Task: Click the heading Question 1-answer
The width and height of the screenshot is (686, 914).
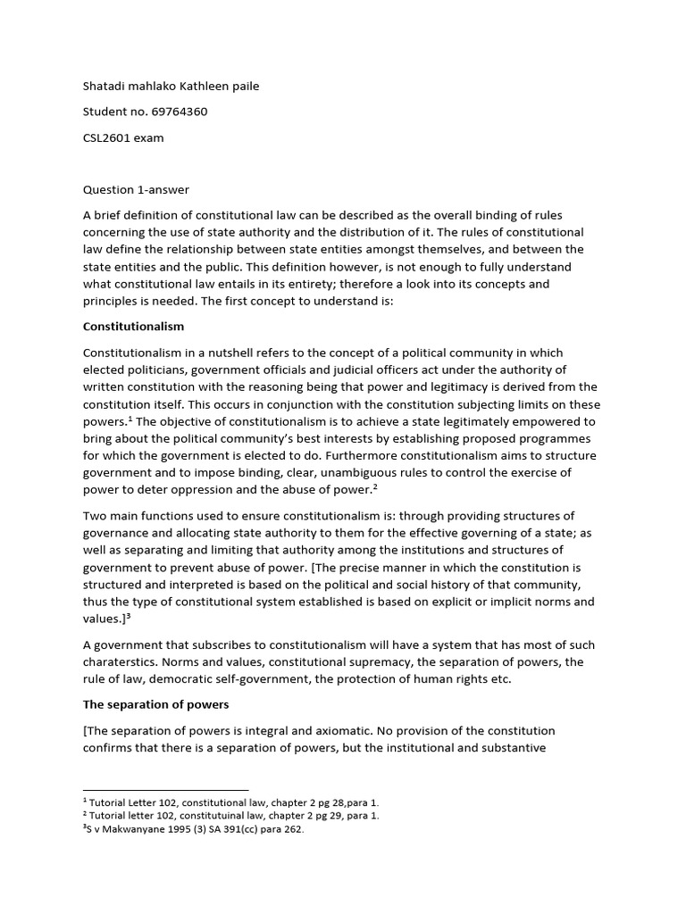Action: point(136,189)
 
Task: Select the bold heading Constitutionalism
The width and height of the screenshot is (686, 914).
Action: point(133,327)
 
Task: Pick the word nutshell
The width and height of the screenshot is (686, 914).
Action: point(230,353)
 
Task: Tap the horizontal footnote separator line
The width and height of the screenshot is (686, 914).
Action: point(165,789)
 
